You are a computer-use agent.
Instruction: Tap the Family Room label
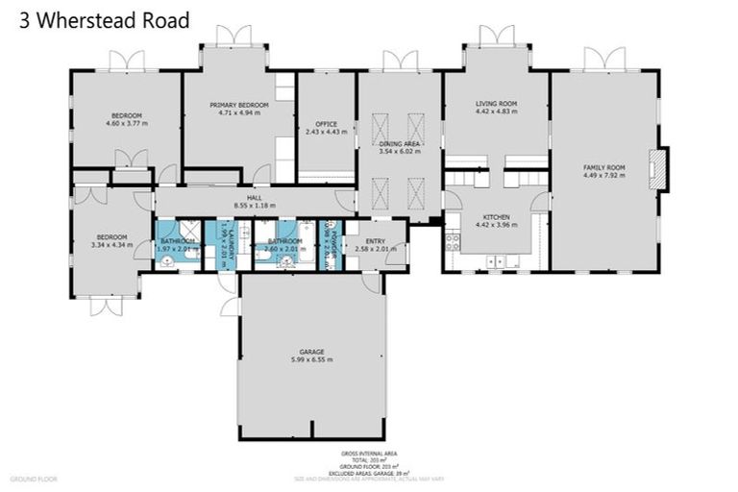coord(603,167)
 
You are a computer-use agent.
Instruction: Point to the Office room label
coord(325,124)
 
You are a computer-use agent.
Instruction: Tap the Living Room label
coord(496,104)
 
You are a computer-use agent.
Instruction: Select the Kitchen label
coord(496,217)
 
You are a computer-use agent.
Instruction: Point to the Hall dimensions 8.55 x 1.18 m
coord(255,206)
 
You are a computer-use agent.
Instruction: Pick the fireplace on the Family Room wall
coord(656,168)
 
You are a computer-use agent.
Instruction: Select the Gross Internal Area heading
coord(368,452)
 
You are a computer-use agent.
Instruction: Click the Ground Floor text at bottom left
coord(35,478)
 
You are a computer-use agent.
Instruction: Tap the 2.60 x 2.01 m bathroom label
coord(284,249)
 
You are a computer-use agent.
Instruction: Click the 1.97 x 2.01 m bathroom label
coord(178,249)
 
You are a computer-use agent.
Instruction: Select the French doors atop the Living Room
coord(496,37)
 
